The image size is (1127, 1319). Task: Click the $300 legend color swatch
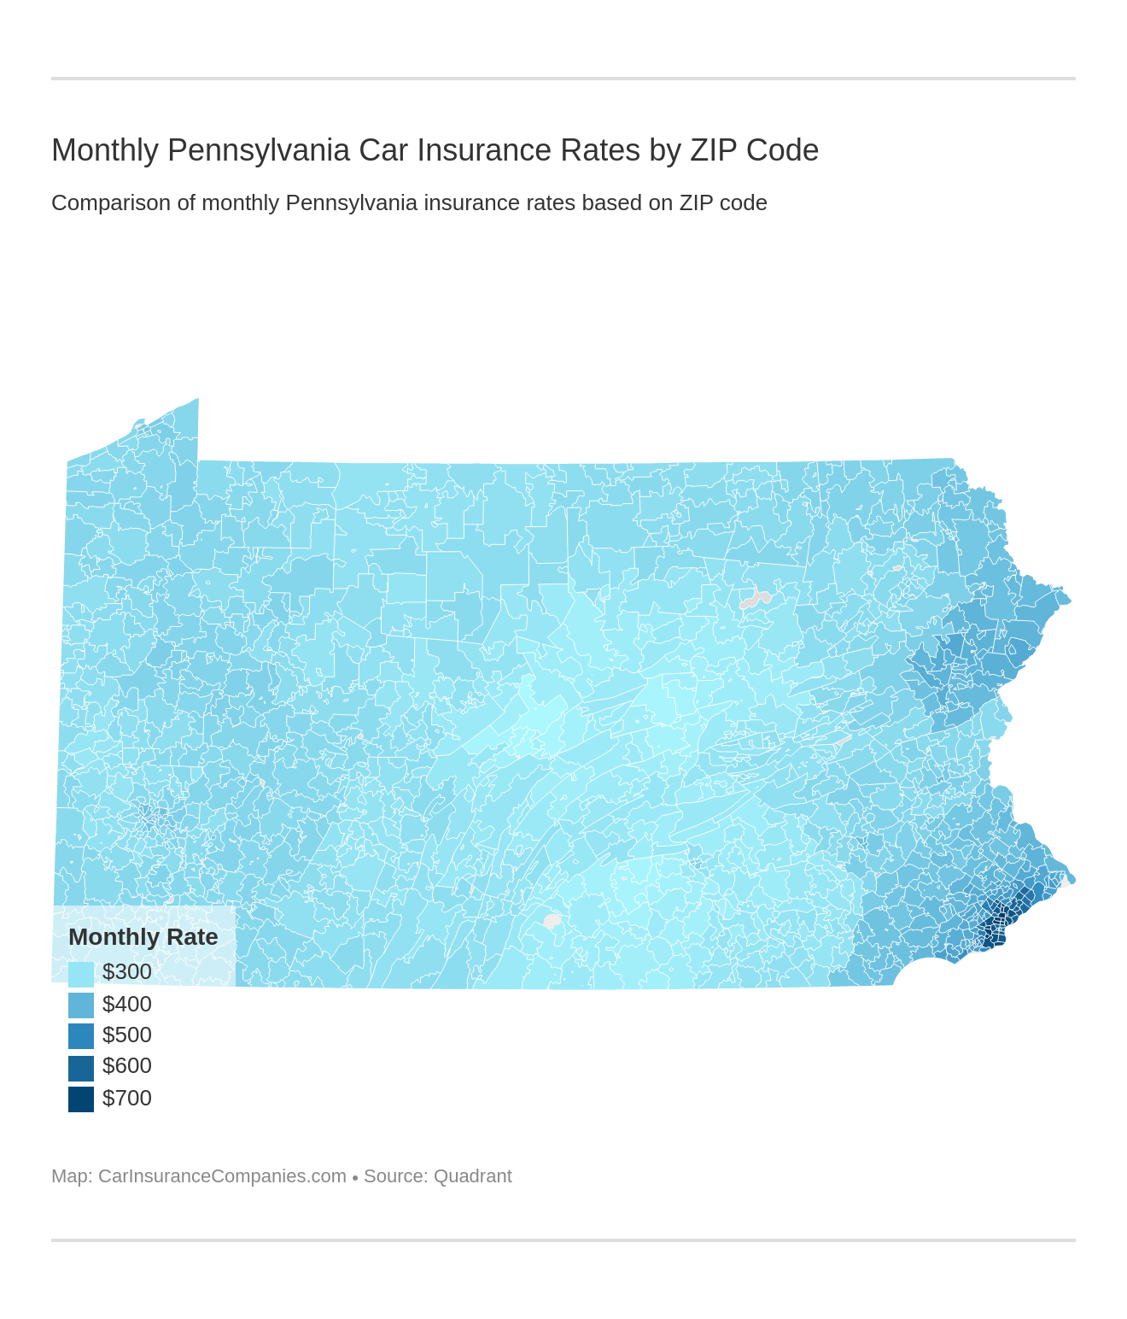pos(81,974)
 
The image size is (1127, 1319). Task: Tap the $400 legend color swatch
pos(81,1005)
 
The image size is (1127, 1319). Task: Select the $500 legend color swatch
pos(81,1035)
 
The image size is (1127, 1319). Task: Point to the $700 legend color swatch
pos(81,1099)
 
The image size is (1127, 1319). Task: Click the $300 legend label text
pos(127,972)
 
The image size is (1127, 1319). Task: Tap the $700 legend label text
pos(127,1098)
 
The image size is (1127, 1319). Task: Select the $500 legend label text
pos(127,1035)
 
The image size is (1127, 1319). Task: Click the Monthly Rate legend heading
pos(143,937)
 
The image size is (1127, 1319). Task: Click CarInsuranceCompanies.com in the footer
pos(222,1176)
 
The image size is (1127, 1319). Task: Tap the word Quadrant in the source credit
pos(472,1176)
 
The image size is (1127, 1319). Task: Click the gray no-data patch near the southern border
pos(552,921)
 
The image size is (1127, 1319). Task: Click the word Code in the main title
pos(782,150)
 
